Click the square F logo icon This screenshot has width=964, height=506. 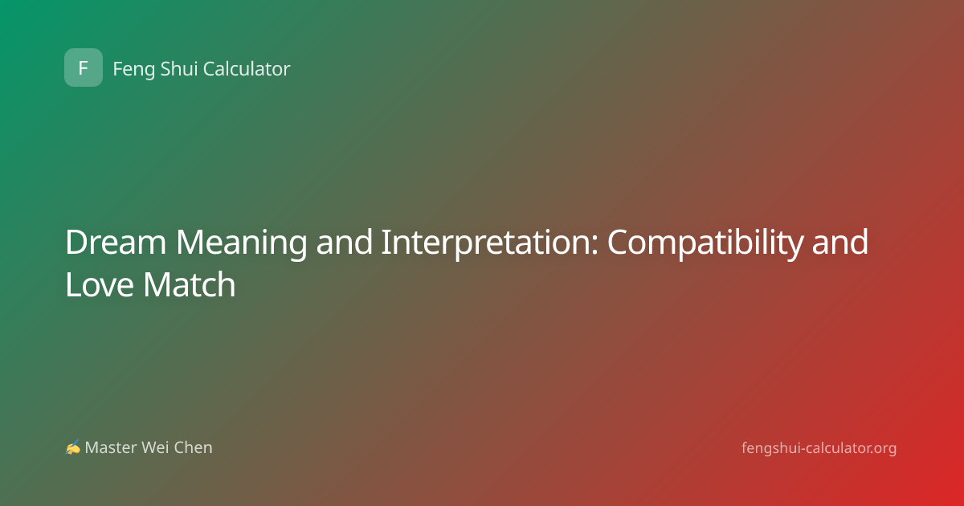(84, 67)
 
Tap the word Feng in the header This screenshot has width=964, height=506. (134, 69)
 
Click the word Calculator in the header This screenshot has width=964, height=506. (247, 68)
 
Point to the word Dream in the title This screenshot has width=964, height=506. (116, 243)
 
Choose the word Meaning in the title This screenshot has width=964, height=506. (242, 243)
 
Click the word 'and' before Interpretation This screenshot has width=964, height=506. (345, 243)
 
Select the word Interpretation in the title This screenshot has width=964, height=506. (487, 243)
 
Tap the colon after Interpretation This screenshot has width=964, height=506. (594, 247)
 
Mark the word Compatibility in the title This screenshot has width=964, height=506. (705, 243)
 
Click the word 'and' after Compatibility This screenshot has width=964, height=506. (840, 243)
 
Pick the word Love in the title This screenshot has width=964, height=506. (100, 284)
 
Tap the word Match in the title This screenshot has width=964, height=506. (190, 284)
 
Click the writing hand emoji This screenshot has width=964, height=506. (73, 447)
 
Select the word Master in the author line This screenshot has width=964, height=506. (111, 447)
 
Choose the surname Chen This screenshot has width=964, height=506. (193, 447)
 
